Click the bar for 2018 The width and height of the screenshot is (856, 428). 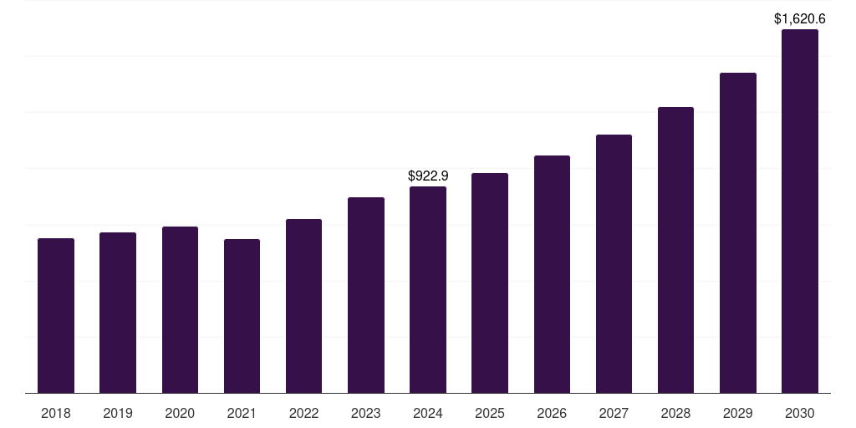point(56,315)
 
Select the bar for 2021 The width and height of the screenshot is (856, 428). point(242,316)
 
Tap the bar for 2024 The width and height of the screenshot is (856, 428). point(428,289)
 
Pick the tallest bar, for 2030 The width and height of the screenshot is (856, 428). point(800,211)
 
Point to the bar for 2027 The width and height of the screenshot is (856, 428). point(614,263)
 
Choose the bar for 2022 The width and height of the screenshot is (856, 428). point(303,305)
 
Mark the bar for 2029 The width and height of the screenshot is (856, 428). point(738,232)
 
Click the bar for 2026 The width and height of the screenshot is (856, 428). point(552,274)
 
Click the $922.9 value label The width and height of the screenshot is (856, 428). point(428,176)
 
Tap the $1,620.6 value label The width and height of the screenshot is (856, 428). point(800,18)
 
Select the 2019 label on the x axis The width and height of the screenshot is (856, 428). point(118,413)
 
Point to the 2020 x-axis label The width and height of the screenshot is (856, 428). point(180,413)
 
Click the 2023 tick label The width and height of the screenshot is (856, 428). point(365,413)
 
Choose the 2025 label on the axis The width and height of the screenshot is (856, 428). point(490,413)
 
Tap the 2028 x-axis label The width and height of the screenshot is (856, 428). point(675,413)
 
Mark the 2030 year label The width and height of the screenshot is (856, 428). point(800,413)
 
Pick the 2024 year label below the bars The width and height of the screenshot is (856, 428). point(428,413)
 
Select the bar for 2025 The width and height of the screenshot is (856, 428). point(490,283)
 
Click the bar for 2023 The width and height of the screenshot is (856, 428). point(365,295)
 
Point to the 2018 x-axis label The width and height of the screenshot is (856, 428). point(56,413)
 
